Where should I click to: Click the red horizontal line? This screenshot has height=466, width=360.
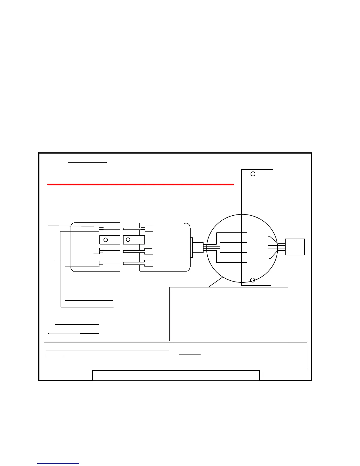pyautogui.click(x=141, y=185)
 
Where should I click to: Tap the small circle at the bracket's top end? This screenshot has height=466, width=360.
pyautogui.click(x=253, y=174)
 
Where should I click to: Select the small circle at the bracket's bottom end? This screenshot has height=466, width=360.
pyautogui.click(x=252, y=280)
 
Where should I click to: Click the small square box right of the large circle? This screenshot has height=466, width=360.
pyautogui.click(x=295, y=247)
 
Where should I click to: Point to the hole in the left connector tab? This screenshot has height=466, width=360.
pyautogui.click(x=106, y=240)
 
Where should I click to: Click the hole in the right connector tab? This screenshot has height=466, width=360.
pyautogui.click(x=128, y=240)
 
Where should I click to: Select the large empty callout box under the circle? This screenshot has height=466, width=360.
pyautogui.click(x=229, y=314)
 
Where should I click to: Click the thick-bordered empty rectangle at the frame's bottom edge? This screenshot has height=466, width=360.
pyautogui.click(x=176, y=376)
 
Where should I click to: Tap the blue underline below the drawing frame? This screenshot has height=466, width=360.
pyautogui.click(x=58, y=463)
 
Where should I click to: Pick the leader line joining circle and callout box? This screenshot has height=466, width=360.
pyautogui.click(x=215, y=282)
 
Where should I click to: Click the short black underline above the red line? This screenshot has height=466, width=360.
pyautogui.click(x=87, y=162)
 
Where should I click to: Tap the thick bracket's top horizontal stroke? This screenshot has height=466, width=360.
pyautogui.click(x=257, y=170)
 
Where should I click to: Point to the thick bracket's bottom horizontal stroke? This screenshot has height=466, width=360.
pyautogui.click(x=256, y=285)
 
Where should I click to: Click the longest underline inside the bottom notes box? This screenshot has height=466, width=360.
pyautogui.click(x=107, y=350)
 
